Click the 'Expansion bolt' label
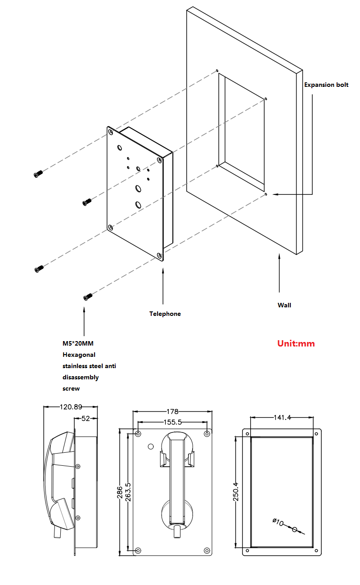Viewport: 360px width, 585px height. pos(326,85)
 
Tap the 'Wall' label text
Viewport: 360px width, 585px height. pos(284,305)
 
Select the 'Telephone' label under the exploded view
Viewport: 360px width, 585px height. pos(165,314)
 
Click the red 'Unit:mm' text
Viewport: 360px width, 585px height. pos(296,343)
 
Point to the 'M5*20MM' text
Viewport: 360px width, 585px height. pos(78,344)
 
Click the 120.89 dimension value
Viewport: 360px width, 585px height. pos(71,407)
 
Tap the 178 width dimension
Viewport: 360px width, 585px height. pos(172,411)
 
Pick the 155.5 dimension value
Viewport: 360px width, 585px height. pos(172,422)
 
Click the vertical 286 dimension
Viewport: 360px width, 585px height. pos(120,492)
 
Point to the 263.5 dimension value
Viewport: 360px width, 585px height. pos(128,492)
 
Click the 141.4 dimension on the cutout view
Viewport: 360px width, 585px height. pos(282,418)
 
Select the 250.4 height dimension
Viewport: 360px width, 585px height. pos(236,492)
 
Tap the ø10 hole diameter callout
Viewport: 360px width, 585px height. pos(278,522)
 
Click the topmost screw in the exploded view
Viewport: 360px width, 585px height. pos(38,174)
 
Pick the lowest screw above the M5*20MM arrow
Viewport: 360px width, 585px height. pos(87,297)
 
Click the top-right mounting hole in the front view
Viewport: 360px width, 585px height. pos(207,434)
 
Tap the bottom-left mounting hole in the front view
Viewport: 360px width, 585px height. pos(138,550)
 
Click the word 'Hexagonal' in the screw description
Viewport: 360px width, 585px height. pos(79,355)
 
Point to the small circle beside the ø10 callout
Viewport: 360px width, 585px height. pos(295,529)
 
